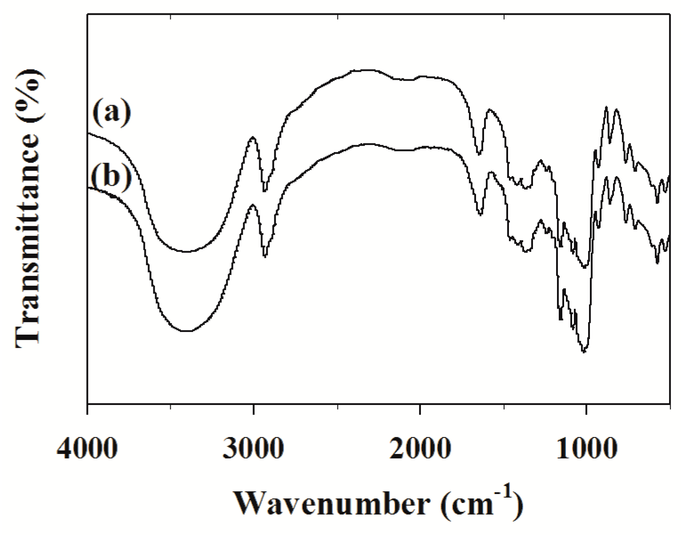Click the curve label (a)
[x=112, y=113]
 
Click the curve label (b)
[x=112, y=176]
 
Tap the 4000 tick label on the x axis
[x=87, y=450]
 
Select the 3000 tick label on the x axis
[x=253, y=450]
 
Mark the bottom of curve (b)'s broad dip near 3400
[x=187, y=331]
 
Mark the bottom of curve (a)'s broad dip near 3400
[x=187, y=251]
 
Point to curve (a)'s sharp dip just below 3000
[x=265, y=190]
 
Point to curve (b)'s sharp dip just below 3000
[x=265, y=256]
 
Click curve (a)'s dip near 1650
[x=479, y=154]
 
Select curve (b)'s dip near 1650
[x=480, y=215]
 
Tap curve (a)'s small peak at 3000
[x=252, y=137]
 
